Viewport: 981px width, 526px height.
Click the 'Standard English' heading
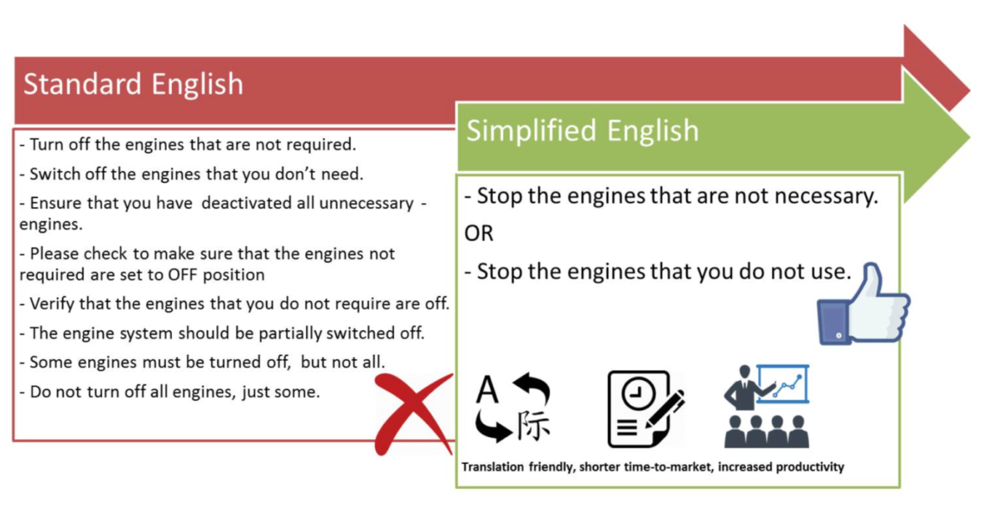coord(133,85)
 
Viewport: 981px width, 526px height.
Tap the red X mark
coord(413,414)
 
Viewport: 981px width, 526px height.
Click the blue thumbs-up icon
coord(864,305)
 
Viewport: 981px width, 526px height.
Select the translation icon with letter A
coord(513,408)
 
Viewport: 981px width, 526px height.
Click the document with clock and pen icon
coord(646,409)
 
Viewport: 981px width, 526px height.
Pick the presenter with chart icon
coord(767,406)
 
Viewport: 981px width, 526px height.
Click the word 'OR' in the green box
coord(479,233)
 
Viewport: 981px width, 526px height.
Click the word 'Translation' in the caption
coord(493,467)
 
